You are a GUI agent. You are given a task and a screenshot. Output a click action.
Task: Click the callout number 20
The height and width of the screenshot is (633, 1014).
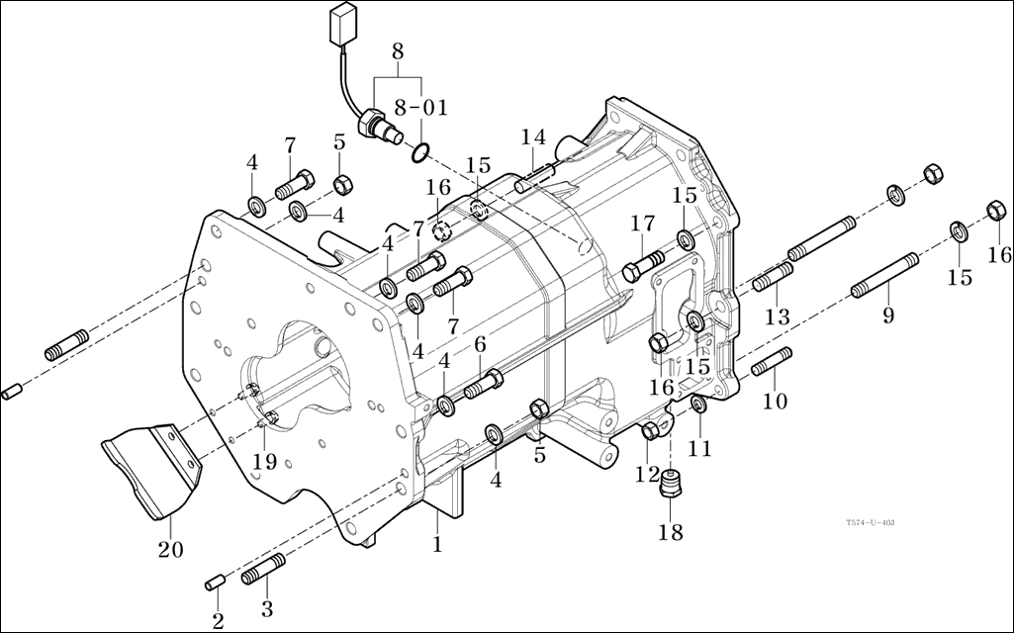170,547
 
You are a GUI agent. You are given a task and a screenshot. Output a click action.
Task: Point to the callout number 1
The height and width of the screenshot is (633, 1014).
436,543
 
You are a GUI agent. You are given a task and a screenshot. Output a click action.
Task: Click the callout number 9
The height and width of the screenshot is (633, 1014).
887,316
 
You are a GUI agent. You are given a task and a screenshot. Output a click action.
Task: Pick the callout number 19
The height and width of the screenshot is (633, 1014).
265,460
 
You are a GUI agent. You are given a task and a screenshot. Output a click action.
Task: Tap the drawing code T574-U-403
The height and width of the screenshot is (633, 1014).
871,523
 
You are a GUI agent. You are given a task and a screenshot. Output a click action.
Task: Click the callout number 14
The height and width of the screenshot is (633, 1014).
533,136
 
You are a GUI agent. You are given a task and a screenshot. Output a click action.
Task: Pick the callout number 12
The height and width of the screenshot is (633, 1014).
647,475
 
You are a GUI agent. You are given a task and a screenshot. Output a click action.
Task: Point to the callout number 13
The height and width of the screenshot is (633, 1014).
778,316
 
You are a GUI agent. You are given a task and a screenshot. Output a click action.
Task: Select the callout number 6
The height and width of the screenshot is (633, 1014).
480,343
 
